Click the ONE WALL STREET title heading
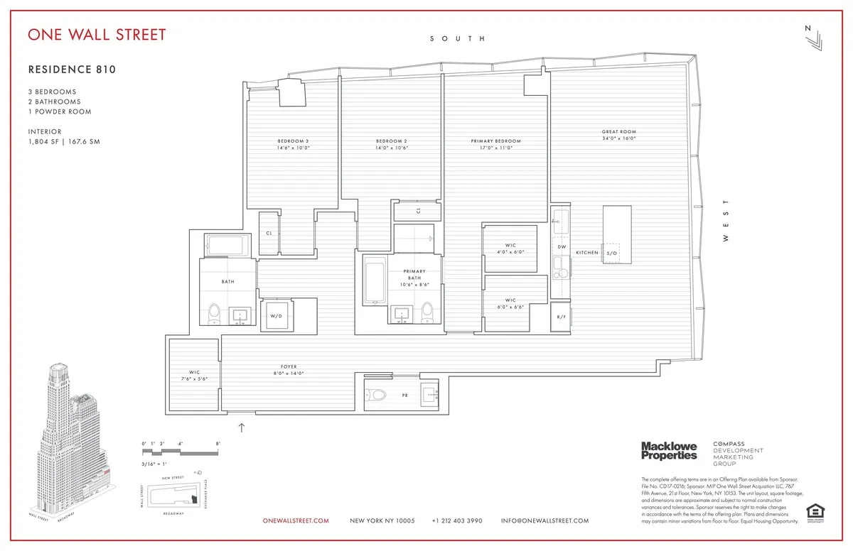(97, 35)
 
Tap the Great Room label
(618, 131)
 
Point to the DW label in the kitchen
(561, 246)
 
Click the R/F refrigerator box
(561, 317)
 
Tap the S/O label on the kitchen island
(611, 253)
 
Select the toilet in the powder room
(378, 395)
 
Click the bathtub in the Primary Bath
(373, 280)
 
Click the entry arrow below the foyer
(241, 427)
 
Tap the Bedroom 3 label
(292, 141)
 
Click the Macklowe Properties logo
(669, 450)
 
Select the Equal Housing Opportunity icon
(812, 511)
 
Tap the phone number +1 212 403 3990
(457, 520)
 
